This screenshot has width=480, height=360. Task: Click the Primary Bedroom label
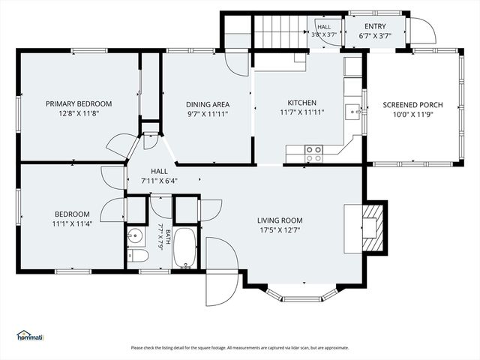point(79,103)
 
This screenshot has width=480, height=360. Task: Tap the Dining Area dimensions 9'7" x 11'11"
point(208,114)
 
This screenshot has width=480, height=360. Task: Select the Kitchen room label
point(301,103)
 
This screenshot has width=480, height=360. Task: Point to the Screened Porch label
point(412,105)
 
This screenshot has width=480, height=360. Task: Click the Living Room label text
point(280,220)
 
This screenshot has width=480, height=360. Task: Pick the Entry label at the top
point(375,26)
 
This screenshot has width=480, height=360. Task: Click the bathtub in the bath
point(184,248)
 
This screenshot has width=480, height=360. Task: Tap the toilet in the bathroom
point(138,256)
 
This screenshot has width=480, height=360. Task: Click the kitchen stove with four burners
point(313,154)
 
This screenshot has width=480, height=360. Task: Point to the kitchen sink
point(352,112)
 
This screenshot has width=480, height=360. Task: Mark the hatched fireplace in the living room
point(373,228)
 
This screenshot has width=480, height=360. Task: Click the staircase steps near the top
point(280,31)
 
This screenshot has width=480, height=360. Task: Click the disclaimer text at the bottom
point(240,348)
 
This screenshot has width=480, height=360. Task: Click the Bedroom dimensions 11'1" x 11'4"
point(72,223)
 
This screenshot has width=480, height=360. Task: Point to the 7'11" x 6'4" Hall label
point(159,181)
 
